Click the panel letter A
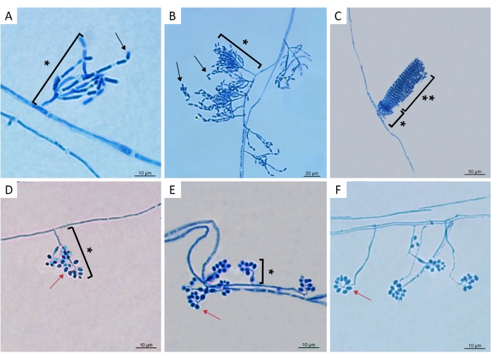click(x=8, y=15)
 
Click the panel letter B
click(x=173, y=15)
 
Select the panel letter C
click(x=338, y=15)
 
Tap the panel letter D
click(x=9, y=190)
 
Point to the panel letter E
click(x=172, y=190)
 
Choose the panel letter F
click(x=338, y=190)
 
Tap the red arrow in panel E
click(x=211, y=315)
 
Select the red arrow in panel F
click(x=362, y=295)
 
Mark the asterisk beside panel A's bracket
click(x=47, y=64)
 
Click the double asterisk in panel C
click(x=428, y=99)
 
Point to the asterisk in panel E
click(x=271, y=272)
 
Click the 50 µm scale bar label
click(x=474, y=172)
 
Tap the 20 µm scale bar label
click(x=311, y=173)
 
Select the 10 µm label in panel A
click(x=145, y=173)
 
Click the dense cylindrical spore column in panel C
click(x=402, y=86)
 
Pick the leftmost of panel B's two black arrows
click(x=179, y=71)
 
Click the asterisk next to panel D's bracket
click(x=89, y=250)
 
